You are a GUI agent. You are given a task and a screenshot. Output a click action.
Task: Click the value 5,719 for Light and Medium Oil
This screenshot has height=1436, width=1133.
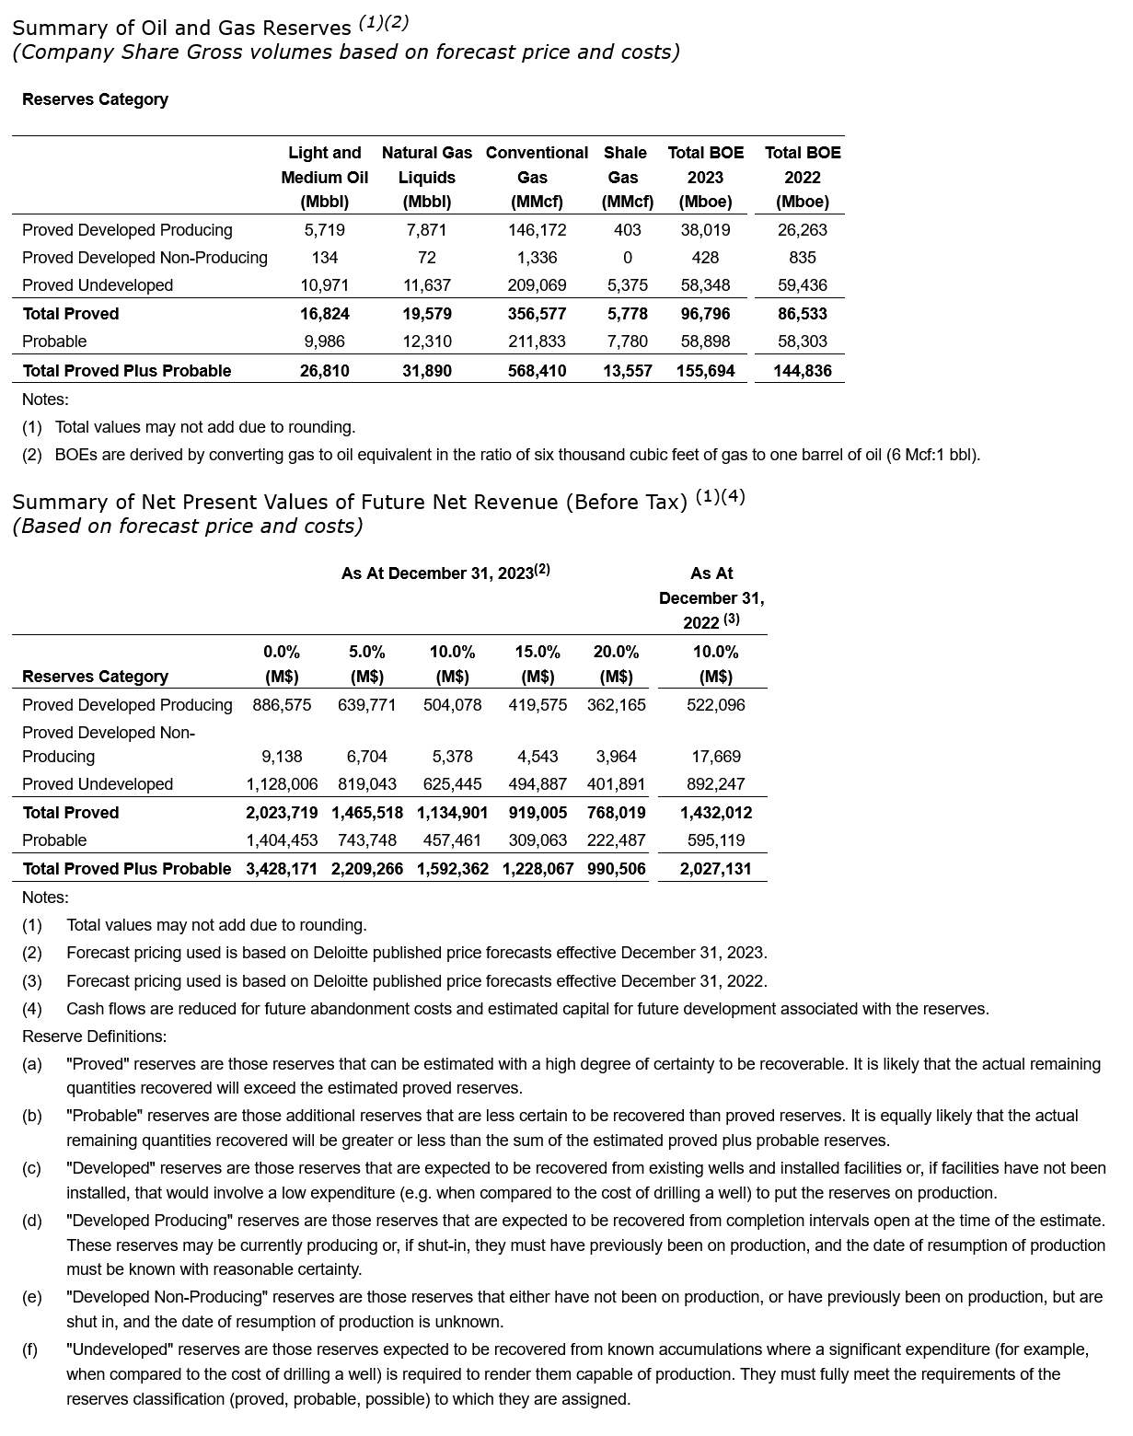coord(324,230)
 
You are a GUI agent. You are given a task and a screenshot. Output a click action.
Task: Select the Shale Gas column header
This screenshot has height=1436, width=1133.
coord(626,177)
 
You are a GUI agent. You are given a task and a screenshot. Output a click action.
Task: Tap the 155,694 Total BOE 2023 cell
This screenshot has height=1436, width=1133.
coord(706,371)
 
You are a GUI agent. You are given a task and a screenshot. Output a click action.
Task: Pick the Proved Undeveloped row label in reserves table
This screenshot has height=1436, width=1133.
coord(98,285)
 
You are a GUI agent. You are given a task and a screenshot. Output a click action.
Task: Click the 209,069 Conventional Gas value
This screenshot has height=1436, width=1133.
coord(537,285)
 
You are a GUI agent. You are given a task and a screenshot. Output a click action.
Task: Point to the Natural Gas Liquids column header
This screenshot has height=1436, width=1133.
coord(426,177)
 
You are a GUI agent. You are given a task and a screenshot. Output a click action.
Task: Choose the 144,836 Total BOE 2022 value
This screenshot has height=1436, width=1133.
coord(803,371)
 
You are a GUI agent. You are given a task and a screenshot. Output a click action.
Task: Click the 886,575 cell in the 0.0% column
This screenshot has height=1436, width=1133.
coord(282,705)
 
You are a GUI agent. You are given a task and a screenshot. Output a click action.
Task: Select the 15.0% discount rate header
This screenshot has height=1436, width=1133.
coord(538,652)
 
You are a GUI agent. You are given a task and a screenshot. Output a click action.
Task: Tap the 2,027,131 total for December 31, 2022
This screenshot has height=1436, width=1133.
coord(715,869)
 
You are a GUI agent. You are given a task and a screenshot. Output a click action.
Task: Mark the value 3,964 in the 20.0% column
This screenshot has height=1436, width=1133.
coord(616,757)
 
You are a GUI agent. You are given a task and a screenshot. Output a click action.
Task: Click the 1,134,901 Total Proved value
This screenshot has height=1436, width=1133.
coord(452,813)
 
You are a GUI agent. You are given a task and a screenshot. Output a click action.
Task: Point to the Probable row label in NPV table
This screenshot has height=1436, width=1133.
coord(54,840)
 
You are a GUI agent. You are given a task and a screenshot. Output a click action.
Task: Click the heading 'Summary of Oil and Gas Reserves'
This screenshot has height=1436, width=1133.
coord(181,28)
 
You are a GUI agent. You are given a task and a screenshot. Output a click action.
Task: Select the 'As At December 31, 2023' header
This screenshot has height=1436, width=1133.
coord(445,573)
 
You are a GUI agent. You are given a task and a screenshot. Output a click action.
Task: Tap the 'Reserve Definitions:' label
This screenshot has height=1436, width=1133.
coord(94,1036)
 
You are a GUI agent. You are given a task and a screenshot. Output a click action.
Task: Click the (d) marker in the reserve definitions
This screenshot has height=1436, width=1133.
coord(32,1221)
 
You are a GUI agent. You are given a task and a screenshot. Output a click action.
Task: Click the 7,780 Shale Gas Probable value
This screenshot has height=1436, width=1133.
coord(627,342)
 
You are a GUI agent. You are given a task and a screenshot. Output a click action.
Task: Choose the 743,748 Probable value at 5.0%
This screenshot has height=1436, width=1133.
coord(366,840)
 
